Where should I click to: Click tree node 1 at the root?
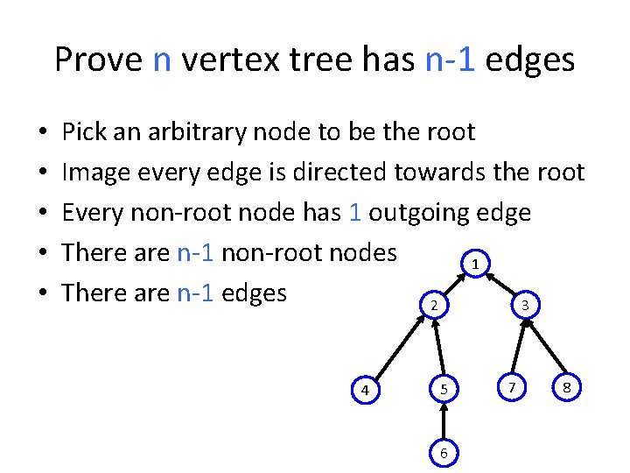pyautogui.click(x=474, y=264)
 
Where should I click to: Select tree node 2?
pyautogui.click(x=433, y=305)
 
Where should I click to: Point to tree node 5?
pyautogui.click(x=444, y=388)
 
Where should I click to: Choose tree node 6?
pyautogui.click(x=444, y=453)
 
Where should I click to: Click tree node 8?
pyautogui.click(x=568, y=386)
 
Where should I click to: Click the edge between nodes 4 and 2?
pyautogui.click(x=398, y=347)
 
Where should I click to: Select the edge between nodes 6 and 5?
pyautogui.click(x=444, y=420)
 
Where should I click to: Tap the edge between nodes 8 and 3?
pyautogui.click(x=546, y=346)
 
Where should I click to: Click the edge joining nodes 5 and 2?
pyautogui.click(x=438, y=347)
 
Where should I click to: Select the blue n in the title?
pyautogui.click(x=162, y=60)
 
